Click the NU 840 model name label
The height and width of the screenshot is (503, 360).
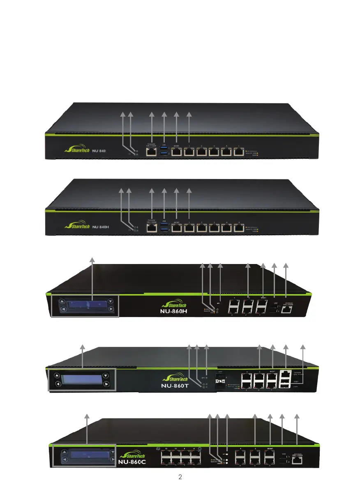[x=99, y=151]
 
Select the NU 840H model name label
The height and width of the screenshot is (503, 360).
[x=100, y=226]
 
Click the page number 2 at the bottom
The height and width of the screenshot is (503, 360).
[x=180, y=478]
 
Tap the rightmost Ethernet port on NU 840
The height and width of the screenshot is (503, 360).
[x=238, y=152]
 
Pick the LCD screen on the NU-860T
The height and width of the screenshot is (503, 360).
[x=82, y=379]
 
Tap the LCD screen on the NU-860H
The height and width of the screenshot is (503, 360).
[x=86, y=305]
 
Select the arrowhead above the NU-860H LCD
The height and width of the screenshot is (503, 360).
[x=92, y=259]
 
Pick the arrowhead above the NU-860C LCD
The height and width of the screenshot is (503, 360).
[x=87, y=416]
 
